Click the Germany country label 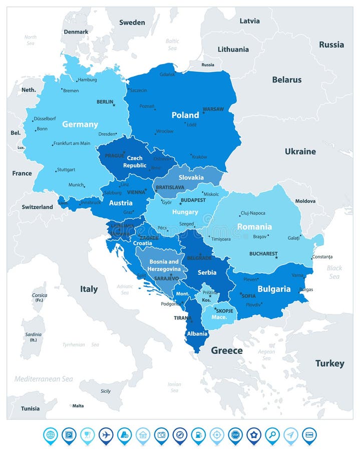[x=80, y=124]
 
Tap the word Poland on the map [x=185, y=115]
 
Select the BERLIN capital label [x=105, y=102]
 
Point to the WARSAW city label [x=213, y=109]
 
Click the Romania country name [x=254, y=227]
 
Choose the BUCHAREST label [x=263, y=254]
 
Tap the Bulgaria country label [x=274, y=289]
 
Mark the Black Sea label [x=334, y=272]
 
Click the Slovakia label [x=191, y=177]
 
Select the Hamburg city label [x=87, y=80]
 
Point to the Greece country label [x=226, y=350]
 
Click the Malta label [x=78, y=406]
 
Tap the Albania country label [x=197, y=334]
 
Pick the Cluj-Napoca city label [x=253, y=212]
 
